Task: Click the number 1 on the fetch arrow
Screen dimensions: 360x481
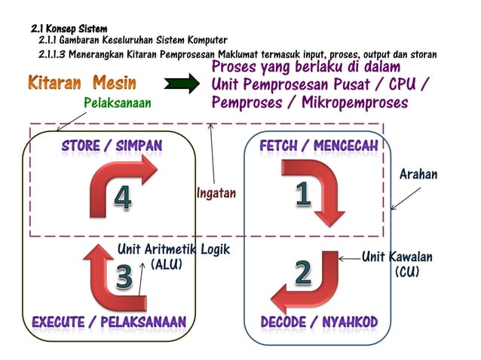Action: point(302,194)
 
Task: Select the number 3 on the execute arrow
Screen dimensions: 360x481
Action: point(125,277)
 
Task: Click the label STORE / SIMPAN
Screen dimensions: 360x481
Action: point(112,144)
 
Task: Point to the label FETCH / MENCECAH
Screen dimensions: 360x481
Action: point(318,144)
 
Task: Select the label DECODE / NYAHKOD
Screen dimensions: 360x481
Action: point(319,322)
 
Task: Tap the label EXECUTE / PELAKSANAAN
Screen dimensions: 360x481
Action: point(109,322)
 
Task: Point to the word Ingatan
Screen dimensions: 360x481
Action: point(216,194)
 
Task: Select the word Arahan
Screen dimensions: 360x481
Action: point(418,175)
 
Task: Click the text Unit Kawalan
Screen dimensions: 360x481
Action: point(397,257)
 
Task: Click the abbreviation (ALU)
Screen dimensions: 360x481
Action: point(167,264)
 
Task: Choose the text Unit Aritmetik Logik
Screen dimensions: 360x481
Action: point(173,249)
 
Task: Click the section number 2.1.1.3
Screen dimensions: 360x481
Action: point(52,55)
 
